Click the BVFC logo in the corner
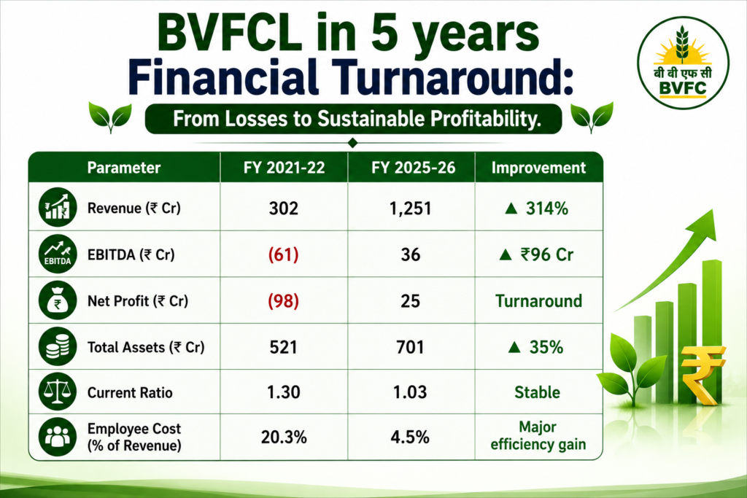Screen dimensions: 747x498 tap(683, 63)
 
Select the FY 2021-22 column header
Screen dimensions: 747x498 tap(284, 168)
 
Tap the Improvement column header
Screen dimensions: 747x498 tap(538, 168)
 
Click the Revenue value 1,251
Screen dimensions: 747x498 tap(410, 209)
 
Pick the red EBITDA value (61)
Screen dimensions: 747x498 tap(284, 254)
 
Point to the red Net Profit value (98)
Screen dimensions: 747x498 tap(284, 301)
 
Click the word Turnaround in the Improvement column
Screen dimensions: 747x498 tap(538, 301)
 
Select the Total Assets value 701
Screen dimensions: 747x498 tap(410, 347)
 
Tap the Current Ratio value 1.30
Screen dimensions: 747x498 tap(284, 392)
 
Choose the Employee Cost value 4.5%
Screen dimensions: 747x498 tap(410, 437)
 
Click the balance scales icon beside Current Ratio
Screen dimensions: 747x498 tap(57, 392)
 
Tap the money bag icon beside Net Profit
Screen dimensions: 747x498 tap(57, 300)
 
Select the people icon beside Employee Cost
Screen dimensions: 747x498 tap(57, 437)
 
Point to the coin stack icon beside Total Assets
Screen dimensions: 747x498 tap(57, 346)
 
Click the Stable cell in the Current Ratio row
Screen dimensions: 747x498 tap(538, 392)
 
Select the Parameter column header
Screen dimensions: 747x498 tap(124, 168)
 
